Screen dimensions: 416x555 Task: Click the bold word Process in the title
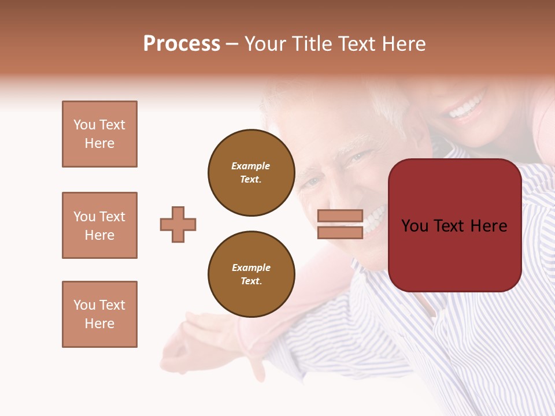pos(182,44)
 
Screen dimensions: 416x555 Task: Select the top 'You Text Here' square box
pos(99,134)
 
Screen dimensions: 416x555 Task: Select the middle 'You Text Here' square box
pos(99,225)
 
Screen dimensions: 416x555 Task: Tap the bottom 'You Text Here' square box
pos(99,314)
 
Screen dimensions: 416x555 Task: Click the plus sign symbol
pos(178,224)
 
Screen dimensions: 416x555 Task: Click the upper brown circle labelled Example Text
pos(251,173)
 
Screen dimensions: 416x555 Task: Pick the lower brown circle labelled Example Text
pos(251,274)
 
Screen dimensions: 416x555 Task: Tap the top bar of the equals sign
pos(340,216)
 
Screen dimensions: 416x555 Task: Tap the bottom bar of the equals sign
pos(340,232)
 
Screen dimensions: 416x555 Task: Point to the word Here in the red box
pos(489,226)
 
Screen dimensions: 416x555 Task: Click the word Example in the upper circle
pos(251,166)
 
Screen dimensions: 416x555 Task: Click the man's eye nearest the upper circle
pos(312,182)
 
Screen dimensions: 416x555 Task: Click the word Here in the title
pos(403,44)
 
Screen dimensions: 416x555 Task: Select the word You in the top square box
pos(84,125)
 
